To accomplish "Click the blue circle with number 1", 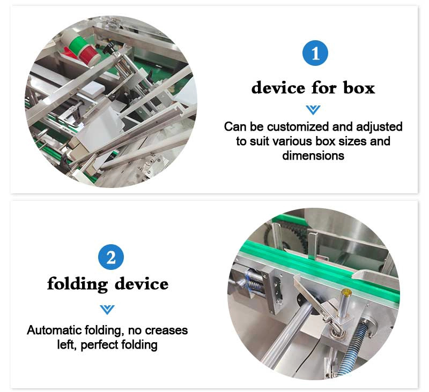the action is coord(315,52).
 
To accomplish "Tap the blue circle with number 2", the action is coord(111,257).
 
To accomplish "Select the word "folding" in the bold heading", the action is coord(77,284).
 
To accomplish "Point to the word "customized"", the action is coord(298,126).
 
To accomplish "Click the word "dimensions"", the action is coord(313,155).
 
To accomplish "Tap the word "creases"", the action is coord(166,330).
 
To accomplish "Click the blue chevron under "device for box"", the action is coord(313,110).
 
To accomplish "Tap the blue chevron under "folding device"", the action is coord(107,310).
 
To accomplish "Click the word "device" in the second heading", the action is coord(142,284).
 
